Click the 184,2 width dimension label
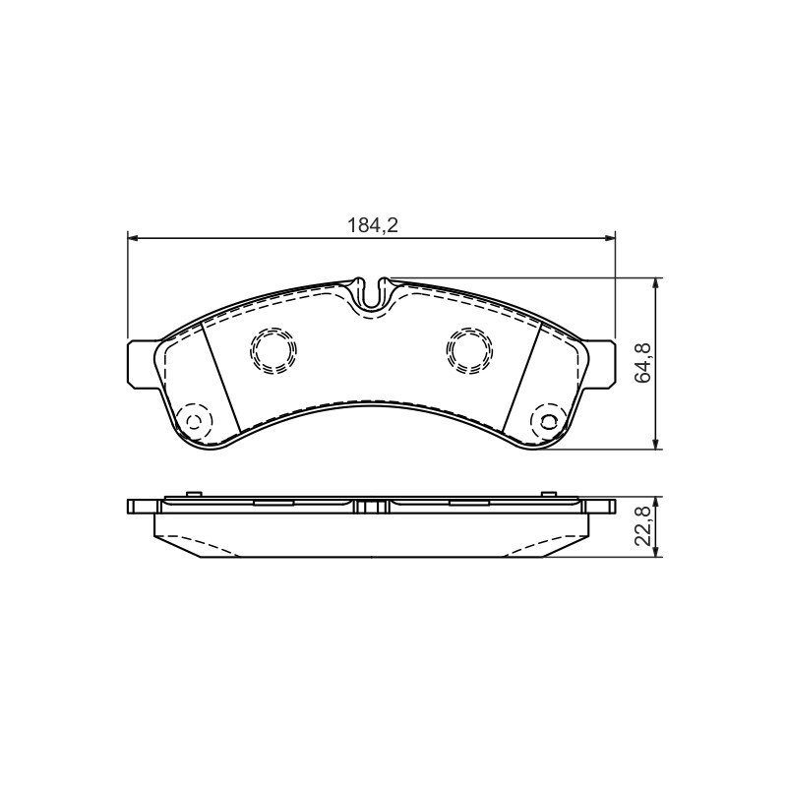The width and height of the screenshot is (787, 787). coord(373,225)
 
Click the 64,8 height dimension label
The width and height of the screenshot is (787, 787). coord(643,363)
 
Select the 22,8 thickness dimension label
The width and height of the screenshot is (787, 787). coord(643,526)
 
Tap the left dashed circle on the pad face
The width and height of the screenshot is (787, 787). coord(273,350)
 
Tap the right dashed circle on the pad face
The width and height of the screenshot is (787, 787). coord(469,350)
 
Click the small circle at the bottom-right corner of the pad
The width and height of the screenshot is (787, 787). coord(550,420)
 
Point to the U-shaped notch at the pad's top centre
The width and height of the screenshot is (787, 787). coord(372,296)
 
